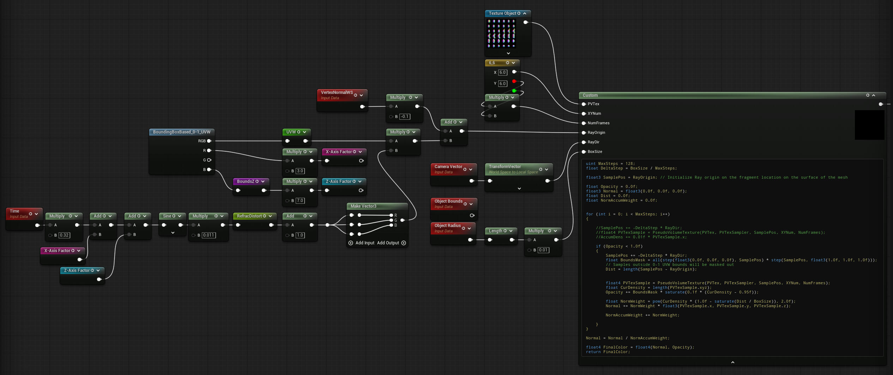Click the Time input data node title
[x=14, y=211]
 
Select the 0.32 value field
[x=64, y=235]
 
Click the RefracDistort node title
[x=249, y=216]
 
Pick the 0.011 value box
[x=209, y=235]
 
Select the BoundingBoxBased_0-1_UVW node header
[x=182, y=132]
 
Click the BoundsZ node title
[x=246, y=181]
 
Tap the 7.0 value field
[x=300, y=201]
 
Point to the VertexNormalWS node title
[x=337, y=93]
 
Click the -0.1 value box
[x=405, y=117]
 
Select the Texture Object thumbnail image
[x=501, y=34]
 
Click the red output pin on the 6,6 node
[x=514, y=82]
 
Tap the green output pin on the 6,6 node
[x=514, y=91]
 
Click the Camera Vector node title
[x=448, y=167]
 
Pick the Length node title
[x=495, y=231]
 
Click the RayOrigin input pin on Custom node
[x=584, y=133]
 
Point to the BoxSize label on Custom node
[x=595, y=152]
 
